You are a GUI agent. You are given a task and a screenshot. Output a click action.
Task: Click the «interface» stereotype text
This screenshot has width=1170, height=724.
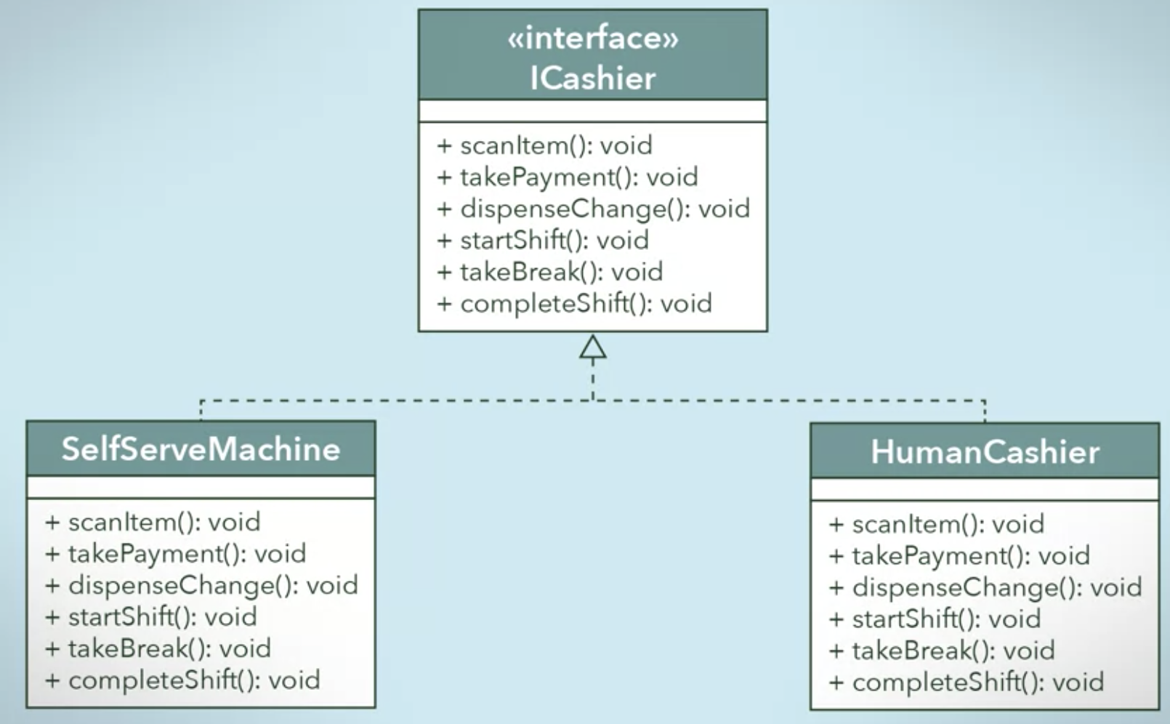(x=593, y=38)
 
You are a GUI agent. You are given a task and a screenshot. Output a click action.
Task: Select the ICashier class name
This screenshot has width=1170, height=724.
(x=593, y=79)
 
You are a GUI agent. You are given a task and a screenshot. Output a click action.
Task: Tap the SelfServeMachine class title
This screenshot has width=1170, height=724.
(x=201, y=449)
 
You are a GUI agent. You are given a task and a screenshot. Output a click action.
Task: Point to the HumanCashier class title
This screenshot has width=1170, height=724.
(x=985, y=452)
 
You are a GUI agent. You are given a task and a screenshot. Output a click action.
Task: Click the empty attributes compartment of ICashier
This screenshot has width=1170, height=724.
(x=593, y=111)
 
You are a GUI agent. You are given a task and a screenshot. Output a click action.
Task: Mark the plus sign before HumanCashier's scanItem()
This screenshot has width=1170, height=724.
(x=836, y=524)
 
